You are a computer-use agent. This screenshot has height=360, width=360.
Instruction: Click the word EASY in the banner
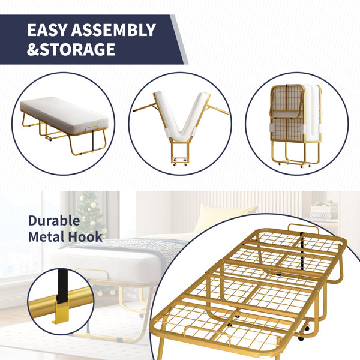click(x=47, y=30)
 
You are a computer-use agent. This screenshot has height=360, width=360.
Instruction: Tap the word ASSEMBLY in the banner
click(x=113, y=30)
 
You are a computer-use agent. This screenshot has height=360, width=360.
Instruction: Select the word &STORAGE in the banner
click(x=71, y=49)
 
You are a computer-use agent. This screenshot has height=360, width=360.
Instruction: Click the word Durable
click(x=54, y=221)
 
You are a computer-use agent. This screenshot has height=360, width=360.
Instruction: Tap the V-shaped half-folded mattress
click(x=181, y=116)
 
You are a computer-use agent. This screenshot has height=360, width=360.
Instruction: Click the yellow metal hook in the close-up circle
click(x=61, y=313)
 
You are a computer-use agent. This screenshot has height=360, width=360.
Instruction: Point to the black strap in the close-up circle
click(x=62, y=286)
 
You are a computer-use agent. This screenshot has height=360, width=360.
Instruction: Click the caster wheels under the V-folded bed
click(x=180, y=161)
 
